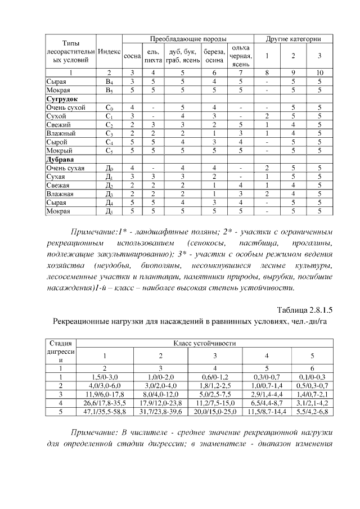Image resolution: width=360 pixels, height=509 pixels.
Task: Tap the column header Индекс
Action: pyautogui.click(x=109, y=51)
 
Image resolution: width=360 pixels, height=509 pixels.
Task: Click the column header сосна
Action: pyautogui.click(x=132, y=57)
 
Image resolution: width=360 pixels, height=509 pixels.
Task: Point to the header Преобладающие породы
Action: pyautogui.click(x=188, y=39)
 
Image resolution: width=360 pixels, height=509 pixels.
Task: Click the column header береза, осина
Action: pyautogui.click(x=214, y=57)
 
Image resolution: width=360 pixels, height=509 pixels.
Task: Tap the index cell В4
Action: pyautogui.click(x=109, y=82)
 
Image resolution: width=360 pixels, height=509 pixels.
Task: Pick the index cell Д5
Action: pyautogui.click(x=109, y=211)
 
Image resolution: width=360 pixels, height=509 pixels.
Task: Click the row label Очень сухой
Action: pyautogui.click(x=65, y=107)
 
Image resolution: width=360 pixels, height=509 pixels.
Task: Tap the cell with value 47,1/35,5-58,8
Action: pyautogui.click(x=105, y=412)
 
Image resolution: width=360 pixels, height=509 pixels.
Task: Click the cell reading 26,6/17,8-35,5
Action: pyautogui.click(x=105, y=403)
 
